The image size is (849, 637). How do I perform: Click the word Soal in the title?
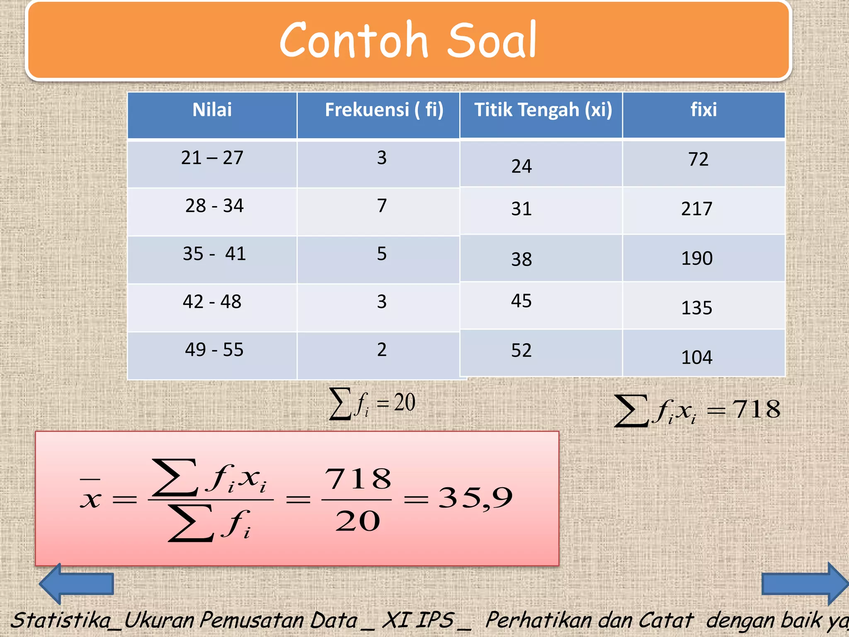[492, 41]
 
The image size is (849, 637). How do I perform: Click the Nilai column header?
[212, 110]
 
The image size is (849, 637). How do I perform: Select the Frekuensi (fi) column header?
[384, 110]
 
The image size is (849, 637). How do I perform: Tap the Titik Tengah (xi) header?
[543, 110]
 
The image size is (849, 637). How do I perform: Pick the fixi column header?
[703, 110]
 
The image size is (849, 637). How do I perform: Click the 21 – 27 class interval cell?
[212, 158]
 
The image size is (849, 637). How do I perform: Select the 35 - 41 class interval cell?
[214, 254]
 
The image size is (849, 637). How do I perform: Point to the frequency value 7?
[382, 206]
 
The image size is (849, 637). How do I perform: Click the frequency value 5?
[382, 254]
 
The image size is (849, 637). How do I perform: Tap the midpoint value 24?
[522, 167]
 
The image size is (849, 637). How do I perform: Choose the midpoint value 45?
[521, 301]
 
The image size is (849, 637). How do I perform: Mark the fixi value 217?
[697, 209]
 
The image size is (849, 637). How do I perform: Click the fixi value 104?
[697, 357]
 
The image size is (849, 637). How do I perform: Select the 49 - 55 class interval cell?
[214, 350]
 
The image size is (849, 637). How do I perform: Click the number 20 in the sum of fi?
[404, 402]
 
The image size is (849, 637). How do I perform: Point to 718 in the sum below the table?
[757, 410]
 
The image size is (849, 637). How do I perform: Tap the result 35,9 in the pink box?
[475, 498]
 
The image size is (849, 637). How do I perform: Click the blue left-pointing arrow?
[76, 584]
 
